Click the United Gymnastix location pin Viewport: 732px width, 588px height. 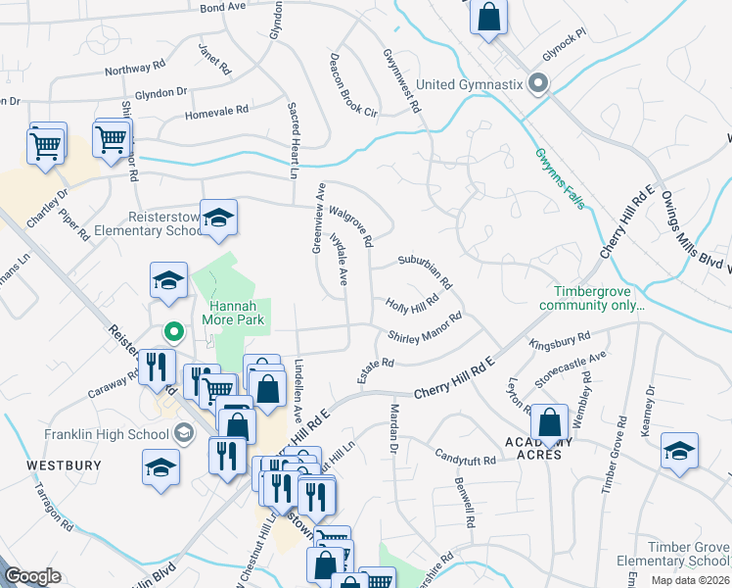pyautogui.click(x=537, y=84)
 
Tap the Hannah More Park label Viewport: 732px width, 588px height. pyautogui.click(x=234, y=312)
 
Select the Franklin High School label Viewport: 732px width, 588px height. pyautogui.click(x=106, y=433)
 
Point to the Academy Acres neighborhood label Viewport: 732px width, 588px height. pyautogui.click(x=533, y=448)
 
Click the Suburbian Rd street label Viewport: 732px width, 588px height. pyautogui.click(x=425, y=271)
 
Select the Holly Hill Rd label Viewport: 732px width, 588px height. pyautogui.click(x=411, y=307)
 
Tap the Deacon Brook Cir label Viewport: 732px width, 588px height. pyautogui.click(x=353, y=85)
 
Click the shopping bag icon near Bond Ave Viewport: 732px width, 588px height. pyautogui.click(x=488, y=19)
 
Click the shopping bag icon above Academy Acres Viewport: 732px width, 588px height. pyautogui.click(x=550, y=422)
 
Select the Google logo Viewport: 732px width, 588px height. pyautogui.click(x=32, y=575)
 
